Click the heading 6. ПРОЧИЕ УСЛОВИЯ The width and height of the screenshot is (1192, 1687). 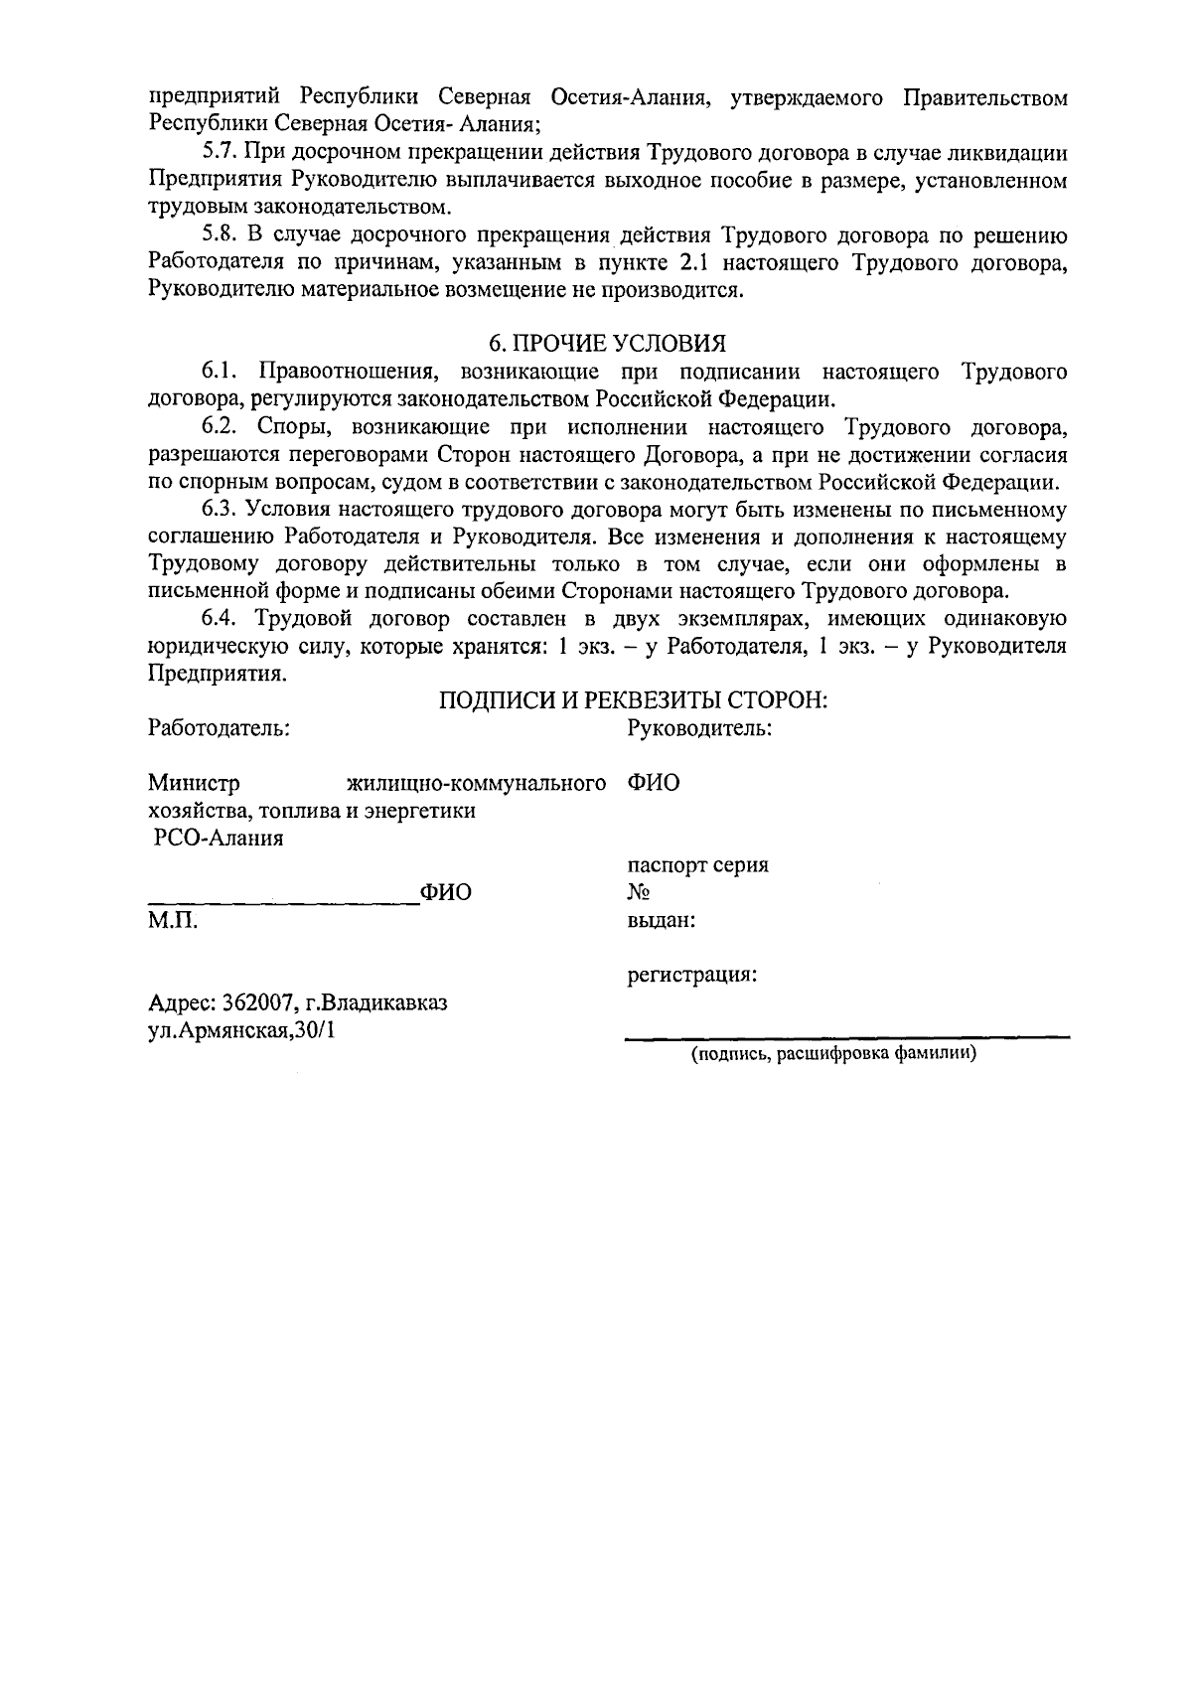(x=607, y=343)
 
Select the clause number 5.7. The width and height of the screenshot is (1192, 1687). (x=217, y=153)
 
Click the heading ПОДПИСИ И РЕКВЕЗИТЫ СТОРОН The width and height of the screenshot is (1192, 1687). (x=634, y=700)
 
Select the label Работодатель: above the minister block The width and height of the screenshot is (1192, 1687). (x=219, y=728)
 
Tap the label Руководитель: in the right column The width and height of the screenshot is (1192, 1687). (x=700, y=728)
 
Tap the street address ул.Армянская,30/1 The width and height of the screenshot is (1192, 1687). (x=241, y=1030)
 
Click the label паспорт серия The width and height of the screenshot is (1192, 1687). (x=697, y=865)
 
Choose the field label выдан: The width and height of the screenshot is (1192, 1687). (x=661, y=920)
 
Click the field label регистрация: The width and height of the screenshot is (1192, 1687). (x=691, y=975)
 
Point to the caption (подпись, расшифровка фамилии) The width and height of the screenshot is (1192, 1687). (x=834, y=1054)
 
